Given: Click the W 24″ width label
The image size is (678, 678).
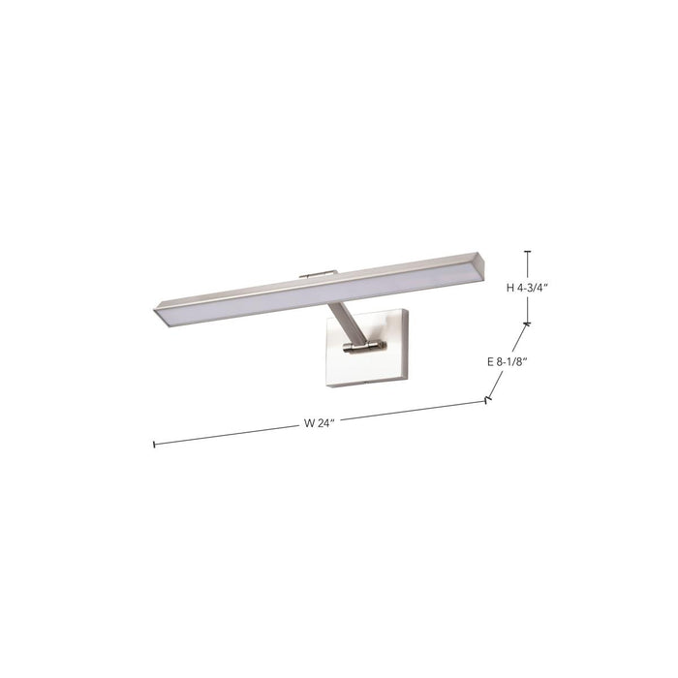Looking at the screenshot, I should pos(320,423).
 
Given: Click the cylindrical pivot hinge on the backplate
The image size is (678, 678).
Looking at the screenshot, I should pos(365,346).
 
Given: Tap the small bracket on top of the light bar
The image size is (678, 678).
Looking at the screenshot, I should pos(318,274).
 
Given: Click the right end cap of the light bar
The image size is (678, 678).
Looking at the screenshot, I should pos(489,263).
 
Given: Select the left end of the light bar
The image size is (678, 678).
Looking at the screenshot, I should pos(161,311).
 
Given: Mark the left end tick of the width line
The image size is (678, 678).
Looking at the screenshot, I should pos(154,445).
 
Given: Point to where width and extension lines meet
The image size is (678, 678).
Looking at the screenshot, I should pos(486,399).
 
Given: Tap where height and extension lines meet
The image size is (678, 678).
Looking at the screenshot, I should pos(527,324).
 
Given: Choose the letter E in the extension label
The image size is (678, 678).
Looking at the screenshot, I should pos(490,361).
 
